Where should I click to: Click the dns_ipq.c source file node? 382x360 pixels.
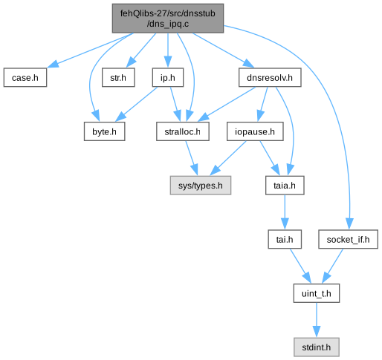pyautogui.click(x=168, y=19)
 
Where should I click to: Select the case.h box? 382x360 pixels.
pyautogui.click(x=25, y=78)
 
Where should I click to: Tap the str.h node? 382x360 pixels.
pyautogui.click(x=118, y=78)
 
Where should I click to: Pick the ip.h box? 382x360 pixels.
pyautogui.click(x=168, y=78)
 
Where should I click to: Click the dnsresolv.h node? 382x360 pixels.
pyautogui.click(x=270, y=78)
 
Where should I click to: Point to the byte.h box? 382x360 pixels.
pyautogui.click(x=104, y=131)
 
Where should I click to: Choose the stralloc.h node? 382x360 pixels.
pyautogui.click(x=183, y=131)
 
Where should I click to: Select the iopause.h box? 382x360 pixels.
pyautogui.click(x=255, y=131)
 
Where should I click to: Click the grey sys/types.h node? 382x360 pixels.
pyautogui.click(x=201, y=186)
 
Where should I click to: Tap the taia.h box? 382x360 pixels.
pyautogui.click(x=285, y=186)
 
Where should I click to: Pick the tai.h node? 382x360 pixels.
pyautogui.click(x=285, y=240)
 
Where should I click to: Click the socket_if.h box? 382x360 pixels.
pyautogui.click(x=348, y=240)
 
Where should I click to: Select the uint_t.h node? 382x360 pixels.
pyautogui.click(x=317, y=293)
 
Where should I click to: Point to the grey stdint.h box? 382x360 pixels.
pyautogui.click(x=317, y=347)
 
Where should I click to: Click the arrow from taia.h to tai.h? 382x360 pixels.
pyautogui.click(x=285, y=212)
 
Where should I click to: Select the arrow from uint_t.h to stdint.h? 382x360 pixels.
pyautogui.click(x=317, y=320)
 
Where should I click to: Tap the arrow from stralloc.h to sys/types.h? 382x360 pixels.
pyautogui.click(x=192, y=158)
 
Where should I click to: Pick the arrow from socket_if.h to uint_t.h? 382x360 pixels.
pyautogui.click(x=332, y=266)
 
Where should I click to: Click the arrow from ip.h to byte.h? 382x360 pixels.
pyautogui.click(x=136, y=105)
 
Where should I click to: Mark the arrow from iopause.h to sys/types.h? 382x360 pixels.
pyautogui.click(x=228, y=158)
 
